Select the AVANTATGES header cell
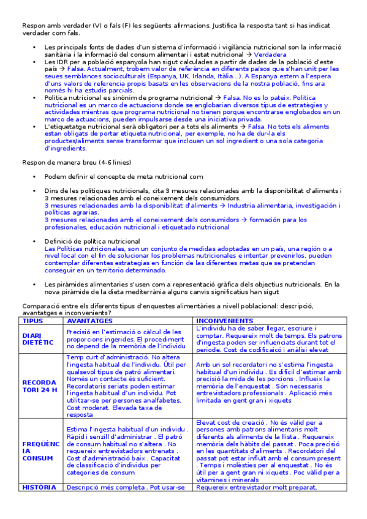89,320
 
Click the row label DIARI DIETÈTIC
38,339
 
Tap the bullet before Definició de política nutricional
36,242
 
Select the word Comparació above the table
40,305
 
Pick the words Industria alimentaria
260,206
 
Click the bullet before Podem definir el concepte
36,176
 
